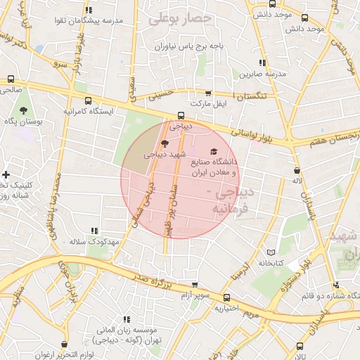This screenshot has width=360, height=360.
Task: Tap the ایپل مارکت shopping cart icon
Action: [208, 93]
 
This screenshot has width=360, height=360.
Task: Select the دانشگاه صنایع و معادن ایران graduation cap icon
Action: [214, 151]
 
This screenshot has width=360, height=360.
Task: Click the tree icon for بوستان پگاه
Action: [25, 111]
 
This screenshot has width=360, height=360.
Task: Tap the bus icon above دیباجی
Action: [181, 115]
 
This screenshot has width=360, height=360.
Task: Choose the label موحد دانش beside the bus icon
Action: [304, 29]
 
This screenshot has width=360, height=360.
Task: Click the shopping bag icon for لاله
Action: [297, 170]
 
